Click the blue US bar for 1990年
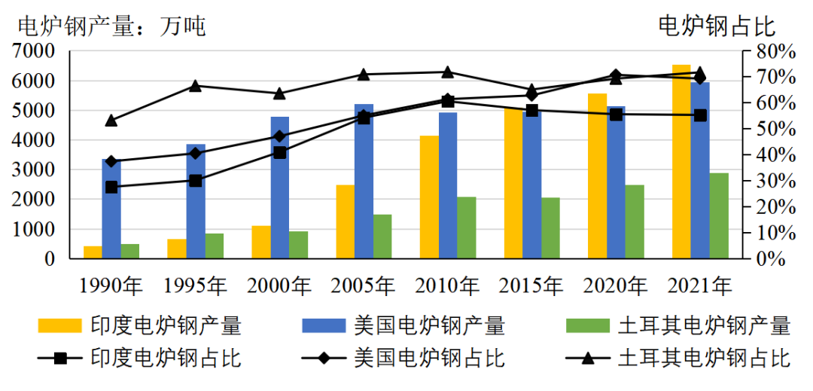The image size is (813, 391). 111,209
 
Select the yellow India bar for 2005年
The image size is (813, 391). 346,221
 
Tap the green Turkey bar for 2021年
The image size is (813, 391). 719,215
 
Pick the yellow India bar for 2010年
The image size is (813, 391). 429,197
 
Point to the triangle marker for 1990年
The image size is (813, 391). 111,121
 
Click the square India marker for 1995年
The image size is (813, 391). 196,181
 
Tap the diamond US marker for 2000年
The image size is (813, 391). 280,136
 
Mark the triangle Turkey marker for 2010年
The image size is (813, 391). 447,72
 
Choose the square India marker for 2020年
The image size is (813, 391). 616,115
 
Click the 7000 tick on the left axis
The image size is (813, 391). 34,51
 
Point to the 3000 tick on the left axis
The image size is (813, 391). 34,170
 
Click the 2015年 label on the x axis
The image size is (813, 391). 531,286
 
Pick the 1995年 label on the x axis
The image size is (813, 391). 195,286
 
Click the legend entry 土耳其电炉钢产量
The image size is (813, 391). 704,325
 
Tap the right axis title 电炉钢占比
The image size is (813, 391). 717,26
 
